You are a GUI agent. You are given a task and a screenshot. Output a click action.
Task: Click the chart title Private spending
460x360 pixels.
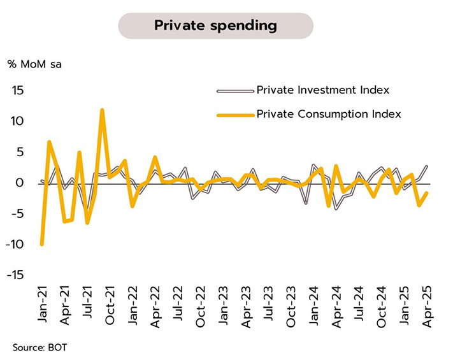(215, 26)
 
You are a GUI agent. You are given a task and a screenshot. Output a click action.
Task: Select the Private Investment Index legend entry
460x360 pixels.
(322, 90)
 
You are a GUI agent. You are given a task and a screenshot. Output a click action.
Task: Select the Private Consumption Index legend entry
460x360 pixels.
(328, 114)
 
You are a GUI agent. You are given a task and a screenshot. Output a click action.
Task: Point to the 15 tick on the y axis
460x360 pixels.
(17, 90)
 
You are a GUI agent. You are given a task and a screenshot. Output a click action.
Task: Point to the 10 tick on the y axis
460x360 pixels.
(17, 121)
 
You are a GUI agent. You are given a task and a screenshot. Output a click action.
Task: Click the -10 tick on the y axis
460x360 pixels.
(15, 245)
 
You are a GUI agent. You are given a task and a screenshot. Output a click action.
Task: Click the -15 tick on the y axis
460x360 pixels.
(15, 275)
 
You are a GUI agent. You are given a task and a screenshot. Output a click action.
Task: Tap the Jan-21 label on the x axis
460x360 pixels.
(42, 308)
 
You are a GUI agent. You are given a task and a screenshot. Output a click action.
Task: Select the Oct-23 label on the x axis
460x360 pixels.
(291, 308)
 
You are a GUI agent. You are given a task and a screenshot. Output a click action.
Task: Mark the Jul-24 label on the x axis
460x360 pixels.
(359, 308)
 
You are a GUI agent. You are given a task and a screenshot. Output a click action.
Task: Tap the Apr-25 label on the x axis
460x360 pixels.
(428, 308)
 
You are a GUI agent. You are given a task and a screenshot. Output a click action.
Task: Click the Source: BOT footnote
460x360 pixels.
(38, 348)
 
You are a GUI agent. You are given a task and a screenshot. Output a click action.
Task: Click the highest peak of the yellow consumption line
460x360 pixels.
(102, 110)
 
